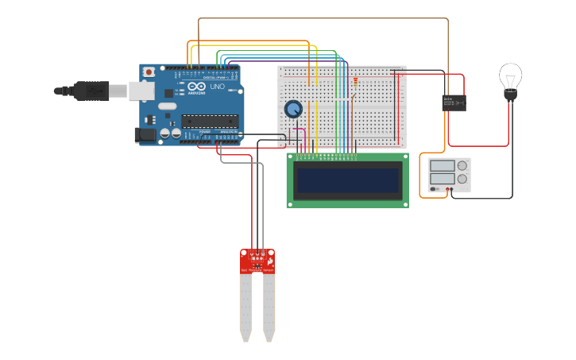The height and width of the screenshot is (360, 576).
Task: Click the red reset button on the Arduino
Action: (x=149, y=72)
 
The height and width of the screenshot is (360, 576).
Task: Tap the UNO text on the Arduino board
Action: (x=217, y=87)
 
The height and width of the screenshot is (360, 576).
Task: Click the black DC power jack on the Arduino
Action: (x=145, y=135)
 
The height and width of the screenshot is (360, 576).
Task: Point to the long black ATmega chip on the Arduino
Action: (x=209, y=121)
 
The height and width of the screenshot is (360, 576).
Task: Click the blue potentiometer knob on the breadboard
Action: (x=293, y=109)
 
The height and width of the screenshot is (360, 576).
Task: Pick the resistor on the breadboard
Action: (x=355, y=80)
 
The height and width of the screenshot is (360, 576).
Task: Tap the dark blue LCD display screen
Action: (x=347, y=181)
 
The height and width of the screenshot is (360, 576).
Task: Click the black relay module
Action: (x=453, y=103)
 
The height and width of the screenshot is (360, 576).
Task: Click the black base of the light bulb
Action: (x=510, y=96)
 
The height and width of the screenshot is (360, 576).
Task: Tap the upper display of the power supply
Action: (x=442, y=166)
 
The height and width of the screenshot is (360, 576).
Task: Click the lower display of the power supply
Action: (x=442, y=179)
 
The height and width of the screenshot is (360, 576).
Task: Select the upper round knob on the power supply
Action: (x=462, y=166)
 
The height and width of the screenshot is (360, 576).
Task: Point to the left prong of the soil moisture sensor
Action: (x=245, y=306)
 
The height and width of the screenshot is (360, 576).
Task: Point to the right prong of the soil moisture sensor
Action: (x=269, y=306)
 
